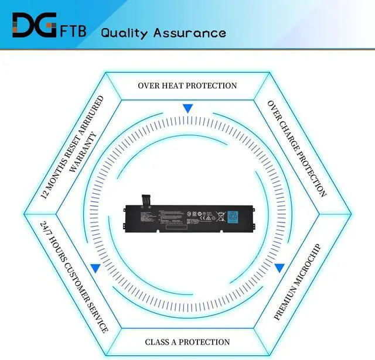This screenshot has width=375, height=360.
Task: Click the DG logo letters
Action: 33,26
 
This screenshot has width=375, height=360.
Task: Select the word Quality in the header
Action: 125,32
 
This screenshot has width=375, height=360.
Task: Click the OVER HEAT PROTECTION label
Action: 187,85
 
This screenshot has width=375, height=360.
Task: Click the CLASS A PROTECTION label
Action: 187,342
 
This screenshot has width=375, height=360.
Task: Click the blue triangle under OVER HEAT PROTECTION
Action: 187,108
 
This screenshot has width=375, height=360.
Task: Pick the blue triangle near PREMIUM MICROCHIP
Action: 279,268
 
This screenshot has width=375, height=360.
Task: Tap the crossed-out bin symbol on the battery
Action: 220,215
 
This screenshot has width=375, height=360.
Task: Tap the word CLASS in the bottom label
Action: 158,342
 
